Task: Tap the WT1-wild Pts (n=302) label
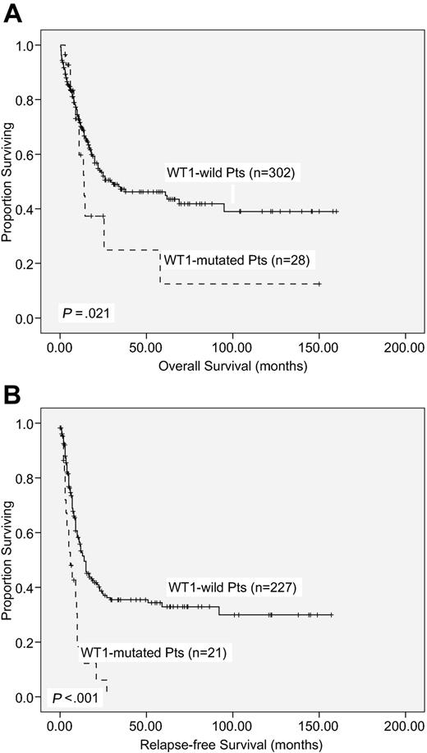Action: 230,172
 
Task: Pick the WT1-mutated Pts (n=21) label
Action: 154,653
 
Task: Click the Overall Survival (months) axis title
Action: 233,366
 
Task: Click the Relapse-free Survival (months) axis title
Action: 233,743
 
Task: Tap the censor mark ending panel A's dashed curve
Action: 318,284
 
